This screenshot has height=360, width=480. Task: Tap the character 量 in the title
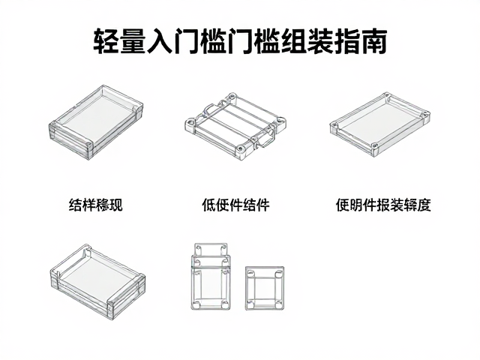[132, 41]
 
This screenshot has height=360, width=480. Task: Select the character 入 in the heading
[159, 41]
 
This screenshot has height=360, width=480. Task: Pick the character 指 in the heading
[348, 41]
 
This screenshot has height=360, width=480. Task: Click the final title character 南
[375, 41]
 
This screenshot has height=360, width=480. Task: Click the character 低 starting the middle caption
[208, 205]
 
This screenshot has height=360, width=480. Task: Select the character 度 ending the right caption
[424, 205]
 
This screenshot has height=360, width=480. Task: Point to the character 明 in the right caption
[356, 205]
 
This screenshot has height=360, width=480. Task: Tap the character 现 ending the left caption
[116, 205]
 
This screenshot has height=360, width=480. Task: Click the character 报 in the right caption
[383, 205]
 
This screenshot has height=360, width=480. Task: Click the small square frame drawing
[247, 288]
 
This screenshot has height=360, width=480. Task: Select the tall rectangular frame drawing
[193, 275]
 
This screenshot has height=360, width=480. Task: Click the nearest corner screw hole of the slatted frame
[241, 149]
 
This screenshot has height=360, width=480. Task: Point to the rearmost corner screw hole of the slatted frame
[232, 97]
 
